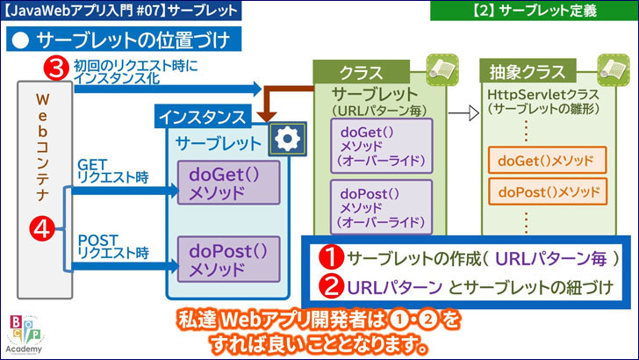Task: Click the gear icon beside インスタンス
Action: tap(286, 140)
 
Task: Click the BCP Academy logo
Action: tap(24, 333)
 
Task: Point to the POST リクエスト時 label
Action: tap(112, 245)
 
